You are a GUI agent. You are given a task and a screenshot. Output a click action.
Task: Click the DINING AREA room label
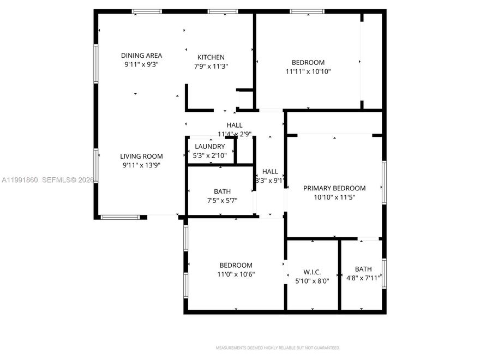[x=141, y=55]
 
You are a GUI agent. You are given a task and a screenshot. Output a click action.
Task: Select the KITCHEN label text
[x=211, y=57]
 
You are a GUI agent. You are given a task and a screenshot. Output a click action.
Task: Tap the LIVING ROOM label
[x=141, y=157]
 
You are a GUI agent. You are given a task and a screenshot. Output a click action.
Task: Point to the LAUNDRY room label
[x=210, y=146]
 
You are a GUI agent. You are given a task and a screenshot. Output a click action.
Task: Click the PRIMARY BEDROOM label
[x=334, y=188]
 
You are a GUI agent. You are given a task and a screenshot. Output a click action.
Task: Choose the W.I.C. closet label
[x=312, y=272]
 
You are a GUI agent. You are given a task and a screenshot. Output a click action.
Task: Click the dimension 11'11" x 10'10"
[x=308, y=71]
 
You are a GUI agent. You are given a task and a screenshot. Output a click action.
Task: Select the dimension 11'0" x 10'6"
[x=236, y=274]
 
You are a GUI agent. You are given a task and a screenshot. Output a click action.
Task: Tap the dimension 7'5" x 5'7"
[x=222, y=200]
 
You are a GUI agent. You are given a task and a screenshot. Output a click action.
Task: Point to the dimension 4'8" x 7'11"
[x=363, y=278]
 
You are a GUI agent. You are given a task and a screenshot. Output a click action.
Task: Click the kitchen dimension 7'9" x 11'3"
[x=211, y=67]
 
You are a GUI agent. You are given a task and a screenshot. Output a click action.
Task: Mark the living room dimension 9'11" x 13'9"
[x=141, y=165]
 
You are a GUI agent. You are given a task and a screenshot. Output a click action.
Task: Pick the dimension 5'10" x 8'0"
[x=312, y=281]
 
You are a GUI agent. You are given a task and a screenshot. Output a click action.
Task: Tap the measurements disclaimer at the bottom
[x=278, y=347]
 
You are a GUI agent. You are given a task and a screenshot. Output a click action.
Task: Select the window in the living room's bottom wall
[x=120, y=217]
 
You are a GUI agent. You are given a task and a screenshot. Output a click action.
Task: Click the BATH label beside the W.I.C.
[x=363, y=269]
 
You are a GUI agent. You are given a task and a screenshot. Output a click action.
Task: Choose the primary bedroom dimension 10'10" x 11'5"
[x=334, y=197]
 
